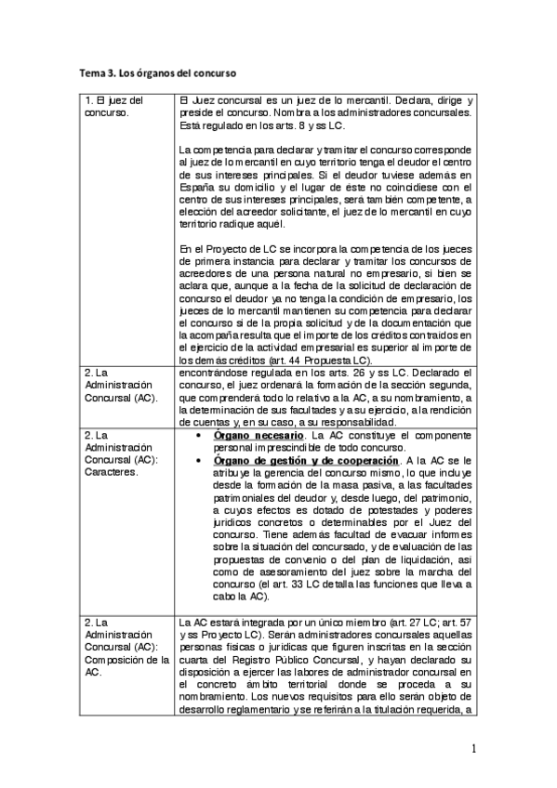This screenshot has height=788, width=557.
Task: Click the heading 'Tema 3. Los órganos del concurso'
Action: (x=157, y=72)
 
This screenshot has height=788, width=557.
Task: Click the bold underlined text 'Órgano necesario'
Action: (x=259, y=435)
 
